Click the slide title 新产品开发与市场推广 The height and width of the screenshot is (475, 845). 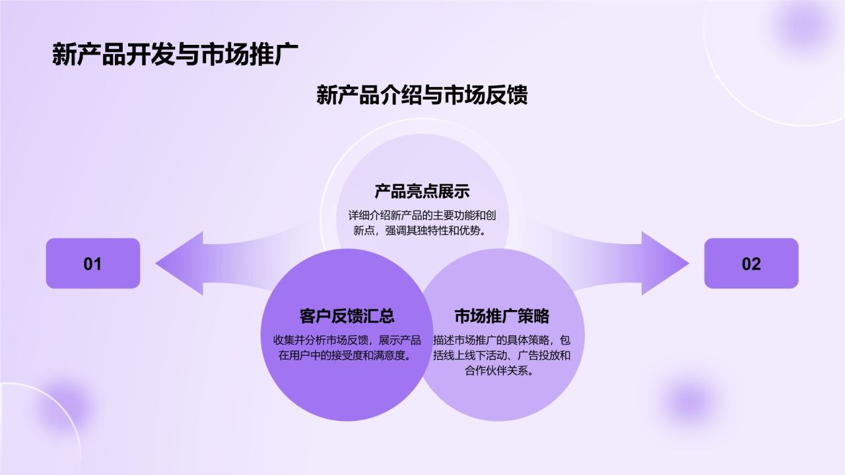pos(176,55)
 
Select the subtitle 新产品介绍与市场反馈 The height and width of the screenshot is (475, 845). pos(422,95)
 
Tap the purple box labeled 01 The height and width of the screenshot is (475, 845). pos(93,263)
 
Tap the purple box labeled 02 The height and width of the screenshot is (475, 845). pos(751,263)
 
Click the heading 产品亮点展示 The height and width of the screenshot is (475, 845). pos(422,192)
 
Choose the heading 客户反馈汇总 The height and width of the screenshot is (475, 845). pos(347,315)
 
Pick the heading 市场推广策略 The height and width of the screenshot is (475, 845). pos(502,315)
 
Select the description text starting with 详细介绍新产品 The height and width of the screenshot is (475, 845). pos(422,222)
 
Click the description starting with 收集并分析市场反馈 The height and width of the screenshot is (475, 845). pos(347,348)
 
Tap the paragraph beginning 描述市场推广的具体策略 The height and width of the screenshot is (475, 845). pos(502,356)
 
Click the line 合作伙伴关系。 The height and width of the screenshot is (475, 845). pos(502,371)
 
